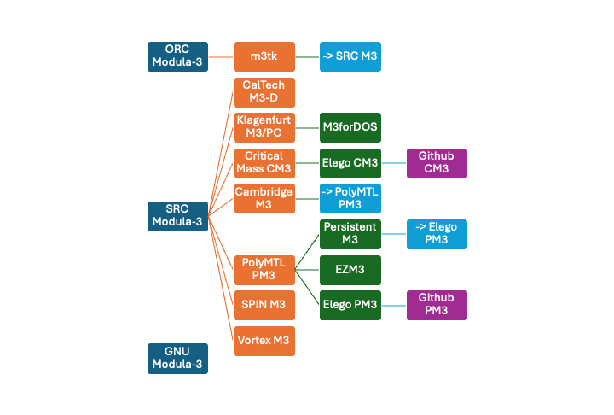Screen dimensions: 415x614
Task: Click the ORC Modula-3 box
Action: click(177, 56)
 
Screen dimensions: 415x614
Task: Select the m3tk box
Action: click(264, 56)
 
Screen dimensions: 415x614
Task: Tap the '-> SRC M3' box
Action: click(350, 56)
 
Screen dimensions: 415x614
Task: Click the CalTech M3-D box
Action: click(264, 92)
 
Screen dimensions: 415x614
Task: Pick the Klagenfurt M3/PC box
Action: click(264, 127)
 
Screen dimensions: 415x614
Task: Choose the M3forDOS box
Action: click(350, 127)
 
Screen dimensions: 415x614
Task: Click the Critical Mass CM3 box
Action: click(264, 162)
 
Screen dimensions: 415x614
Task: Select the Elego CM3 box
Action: click(350, 162)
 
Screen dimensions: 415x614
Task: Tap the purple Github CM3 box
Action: click(437, 162)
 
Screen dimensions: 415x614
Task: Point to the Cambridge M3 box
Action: click(264, 198)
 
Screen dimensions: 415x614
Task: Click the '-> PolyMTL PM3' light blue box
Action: click(350, 198)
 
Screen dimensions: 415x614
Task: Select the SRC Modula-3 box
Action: click(177, 216)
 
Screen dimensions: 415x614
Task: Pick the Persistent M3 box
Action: click(350, 234)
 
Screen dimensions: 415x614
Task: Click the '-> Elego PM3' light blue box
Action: click(437, 234)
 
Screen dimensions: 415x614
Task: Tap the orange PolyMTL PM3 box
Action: click(264, 269)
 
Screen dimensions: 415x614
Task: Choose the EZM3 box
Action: click(350, 269)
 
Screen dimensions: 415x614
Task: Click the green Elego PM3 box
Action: click(350, 305)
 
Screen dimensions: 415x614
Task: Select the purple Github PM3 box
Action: click(437, 305)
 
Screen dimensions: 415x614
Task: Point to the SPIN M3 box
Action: click(264, 305)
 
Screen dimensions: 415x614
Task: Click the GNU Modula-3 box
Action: click(177, 358)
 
